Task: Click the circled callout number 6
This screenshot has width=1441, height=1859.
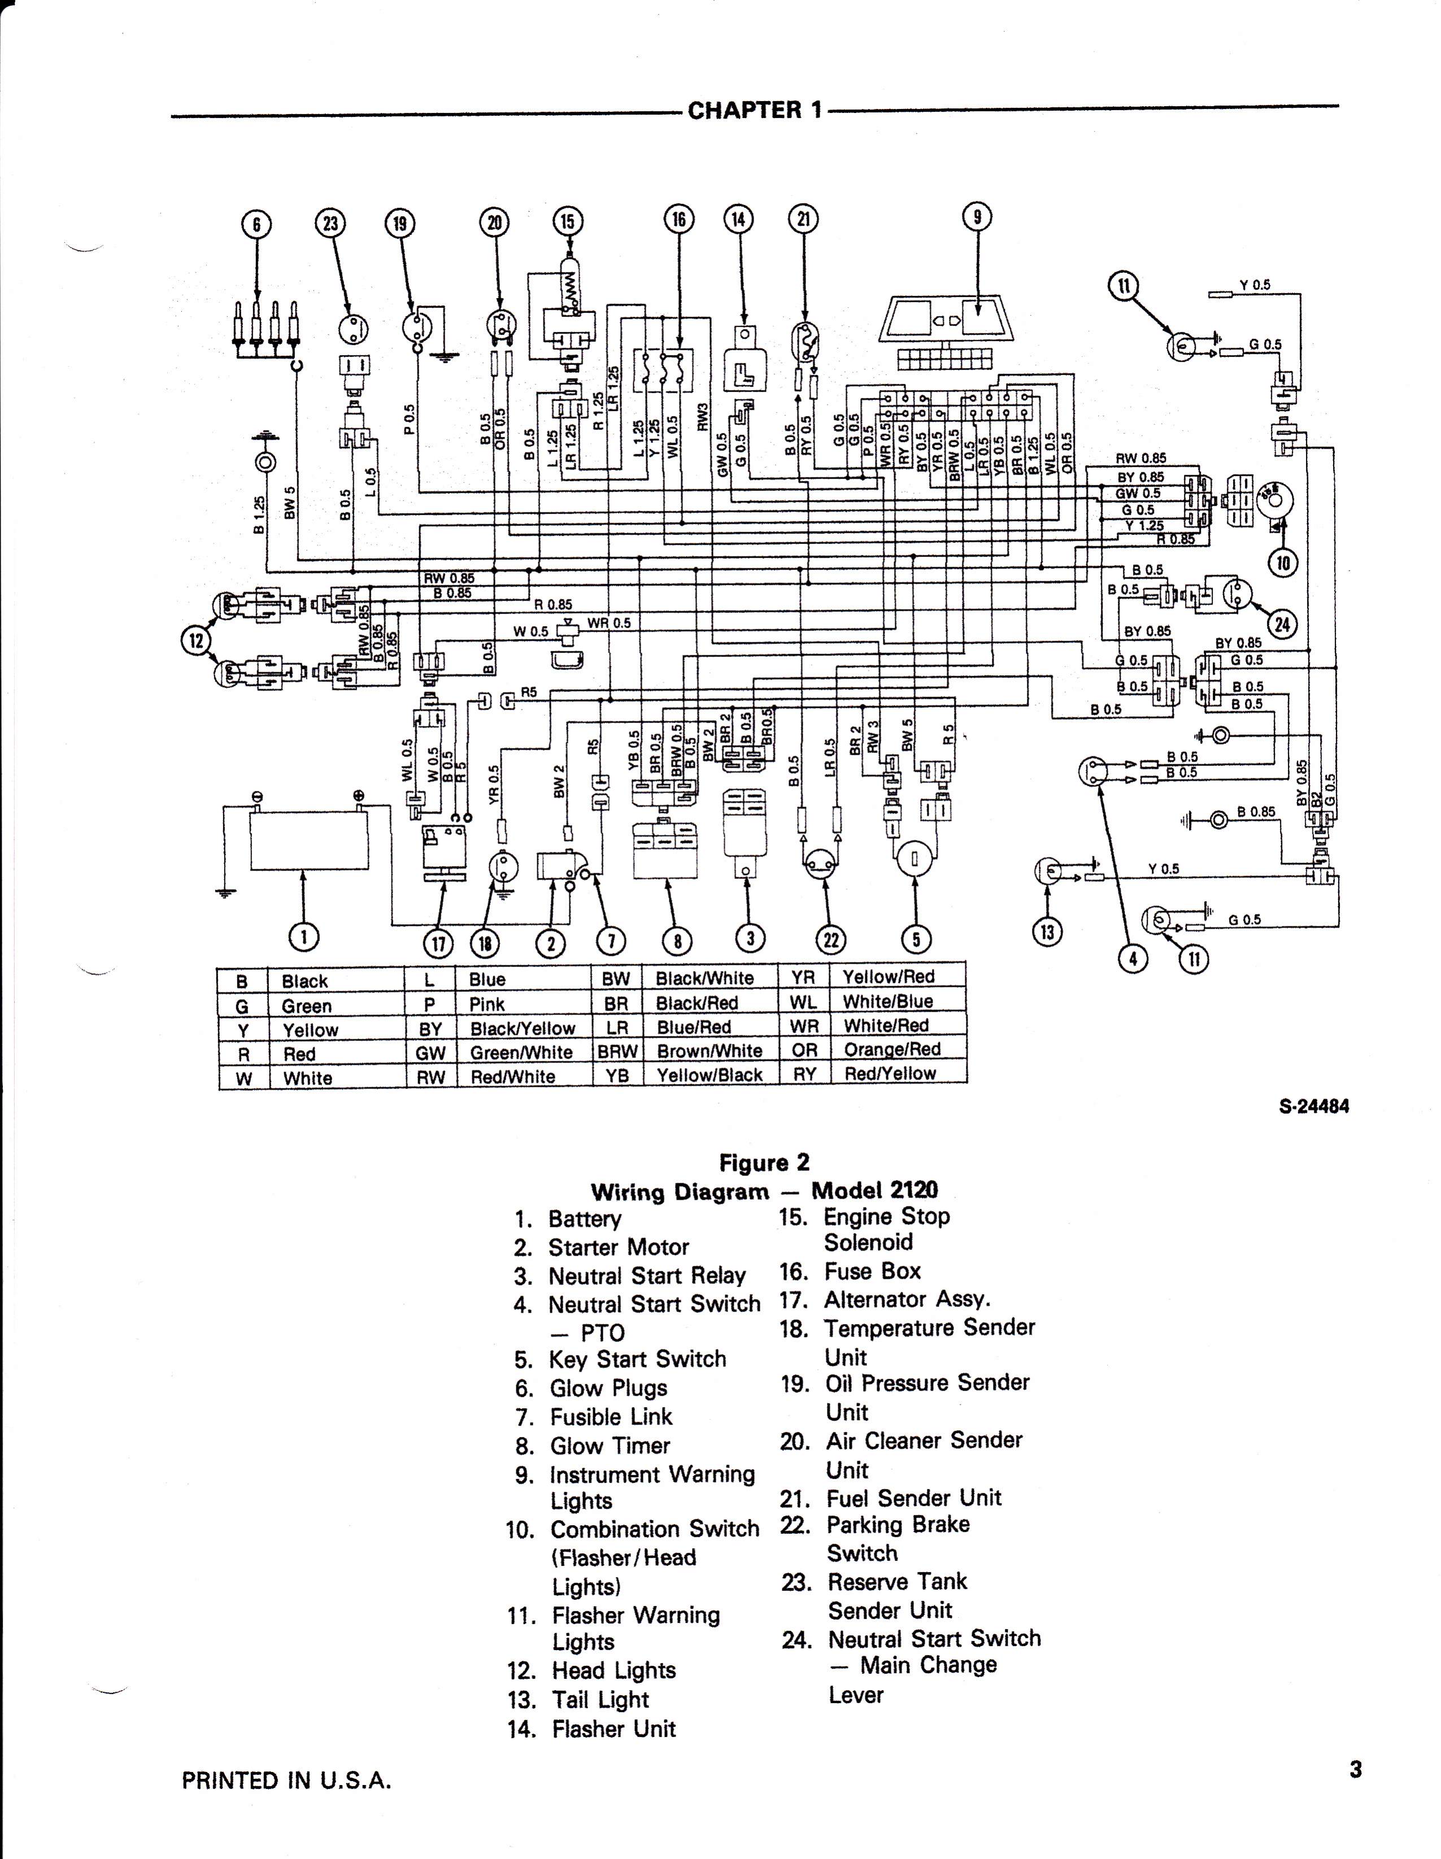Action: (256, 224)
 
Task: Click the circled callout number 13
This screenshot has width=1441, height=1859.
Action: (1047, 932)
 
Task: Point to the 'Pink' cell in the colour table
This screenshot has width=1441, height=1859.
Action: (487, 1004)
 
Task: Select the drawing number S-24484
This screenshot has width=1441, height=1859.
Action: (1314, 1107)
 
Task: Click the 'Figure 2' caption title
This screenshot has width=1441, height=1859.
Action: (764, 1163)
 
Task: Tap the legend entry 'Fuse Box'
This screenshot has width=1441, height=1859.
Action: (872, 1271)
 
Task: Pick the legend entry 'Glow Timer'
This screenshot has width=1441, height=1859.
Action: (610, 1446)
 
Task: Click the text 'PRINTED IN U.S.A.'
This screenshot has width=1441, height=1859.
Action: (287, 1780)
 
